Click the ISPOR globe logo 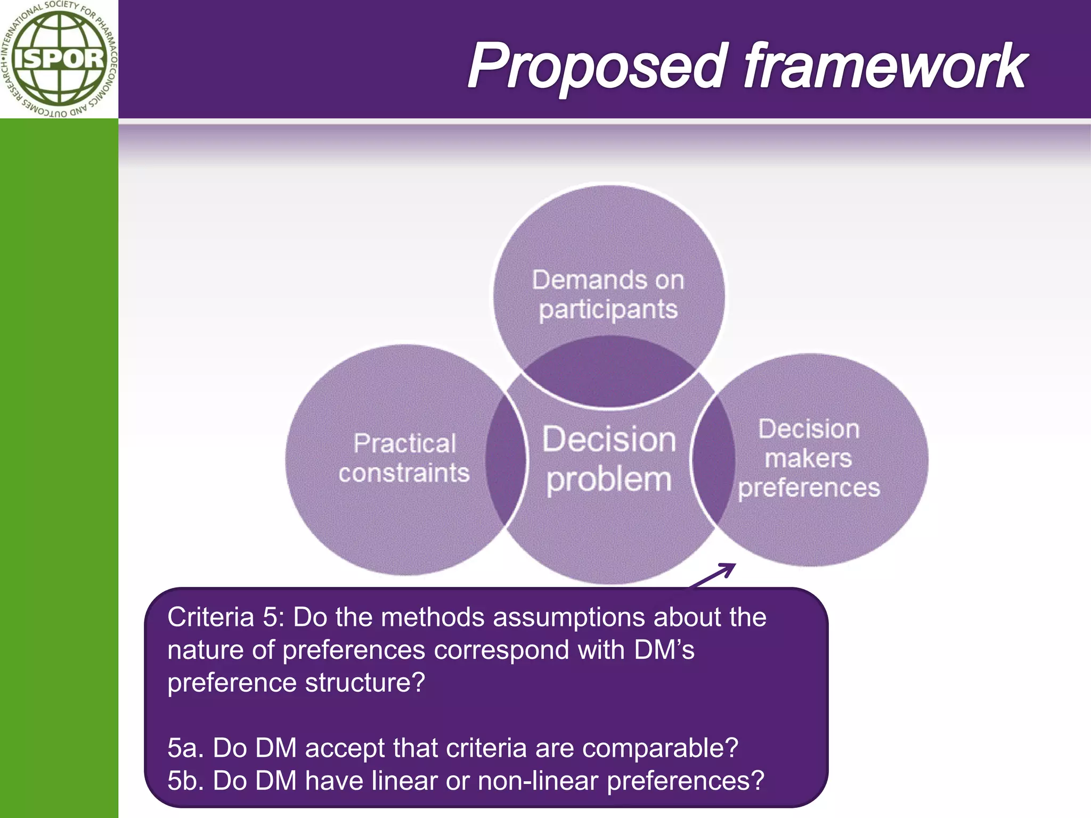point(59,59)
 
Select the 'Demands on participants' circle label point(608,295)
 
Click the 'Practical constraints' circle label point(404,458)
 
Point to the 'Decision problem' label point(609,459)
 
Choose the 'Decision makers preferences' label point(809,458)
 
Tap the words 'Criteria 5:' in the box point(227,618)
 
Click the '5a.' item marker point(186,748)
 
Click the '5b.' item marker point(186,781)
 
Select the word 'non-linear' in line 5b point(538,781)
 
